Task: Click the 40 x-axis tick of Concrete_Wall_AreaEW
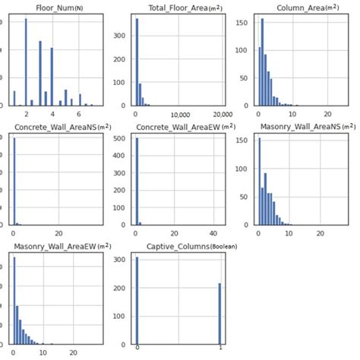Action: pos(214,232)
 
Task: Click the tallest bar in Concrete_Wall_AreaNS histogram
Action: pos(15,182)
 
